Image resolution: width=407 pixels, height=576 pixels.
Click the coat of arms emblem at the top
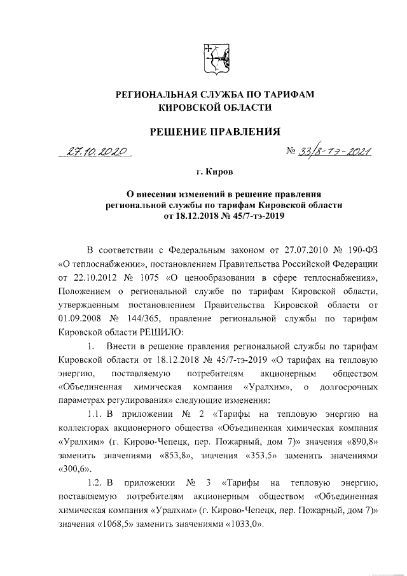click(214, 58)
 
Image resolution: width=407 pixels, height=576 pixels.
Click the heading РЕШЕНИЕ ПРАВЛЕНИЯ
click(214, 132)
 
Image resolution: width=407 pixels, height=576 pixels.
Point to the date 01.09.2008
click(79, 318)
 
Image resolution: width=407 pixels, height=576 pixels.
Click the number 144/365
click(149, 318)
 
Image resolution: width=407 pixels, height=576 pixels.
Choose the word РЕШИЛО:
click(156, 331)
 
